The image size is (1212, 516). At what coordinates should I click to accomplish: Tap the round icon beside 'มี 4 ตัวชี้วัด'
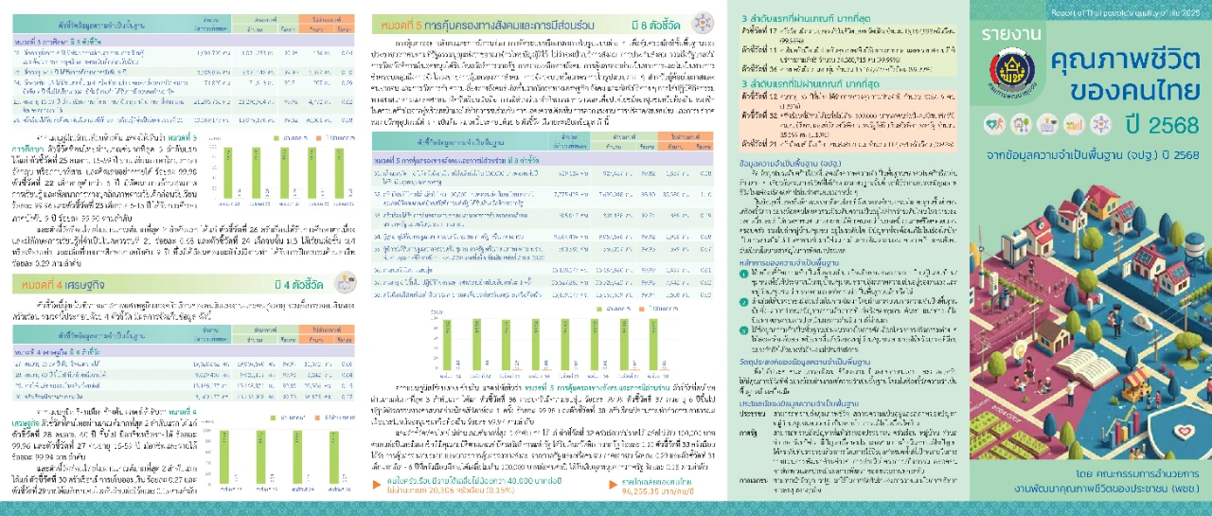point(347,282)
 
